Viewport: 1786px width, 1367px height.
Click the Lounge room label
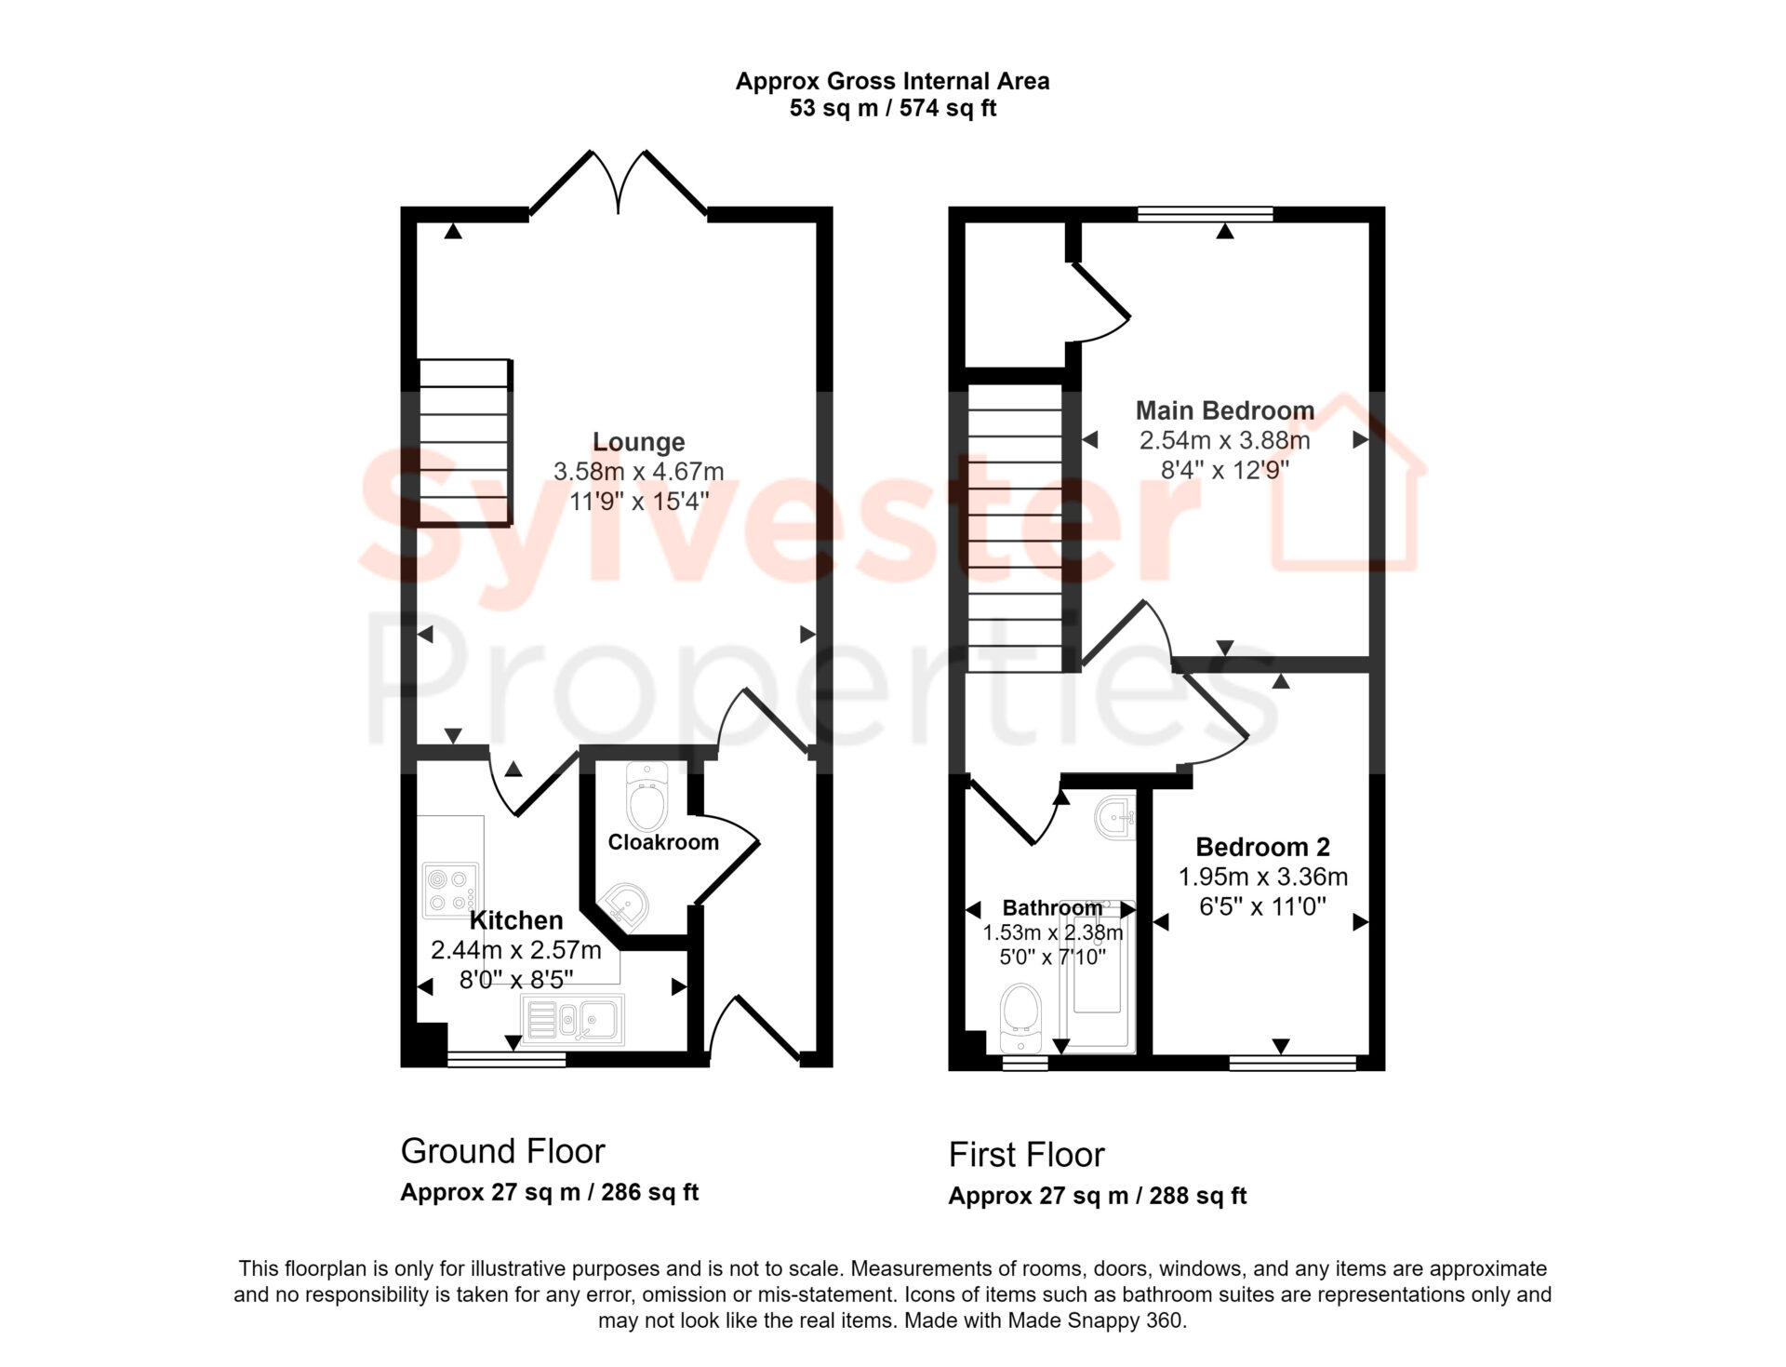(x=639, y=442)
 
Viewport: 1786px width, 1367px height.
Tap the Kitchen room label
(x=516, y=920)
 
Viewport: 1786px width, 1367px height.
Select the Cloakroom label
(x=663, y=842)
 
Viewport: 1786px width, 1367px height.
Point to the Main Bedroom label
(x=1225, y=410)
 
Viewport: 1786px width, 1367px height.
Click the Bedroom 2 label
(x=1262, y=847)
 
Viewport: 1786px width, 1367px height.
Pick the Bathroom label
(x=1052, y=907)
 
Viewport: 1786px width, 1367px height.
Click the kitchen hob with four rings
(x=451, y=889)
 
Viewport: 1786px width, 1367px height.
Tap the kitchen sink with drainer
(x=573, y=1018)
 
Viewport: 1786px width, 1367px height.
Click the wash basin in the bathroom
(x=1115, y=818)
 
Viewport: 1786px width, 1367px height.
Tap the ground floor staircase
(x=464, y=442)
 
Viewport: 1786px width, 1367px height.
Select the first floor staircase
(x=1015, y=528)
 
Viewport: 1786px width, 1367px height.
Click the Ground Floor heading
(x=502, y=1151)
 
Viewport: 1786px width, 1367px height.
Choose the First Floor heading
(x=1026, y=1155)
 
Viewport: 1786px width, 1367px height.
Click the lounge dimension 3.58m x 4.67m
(x=639, y=472)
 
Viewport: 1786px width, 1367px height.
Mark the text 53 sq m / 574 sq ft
(x=893, y=109)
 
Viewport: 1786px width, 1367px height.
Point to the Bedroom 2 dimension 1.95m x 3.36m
(x=1262, y=877)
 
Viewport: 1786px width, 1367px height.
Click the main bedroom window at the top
(x=1206, y=214)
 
